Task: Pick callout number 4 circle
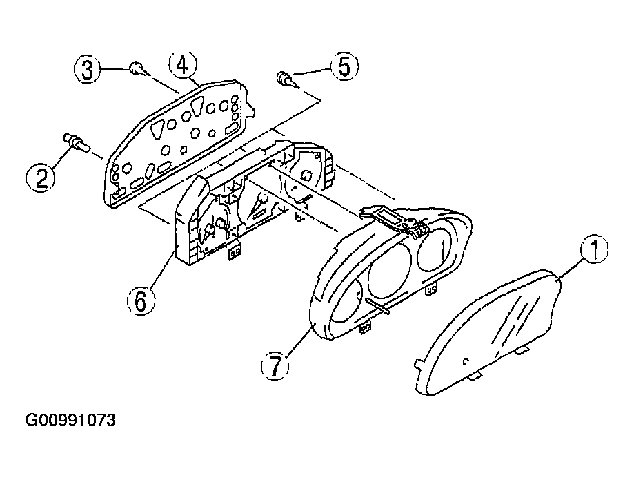click(x=182, y=65)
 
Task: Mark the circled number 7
click(x=275, y=365)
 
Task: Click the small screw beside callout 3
click(x=138, y=68)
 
